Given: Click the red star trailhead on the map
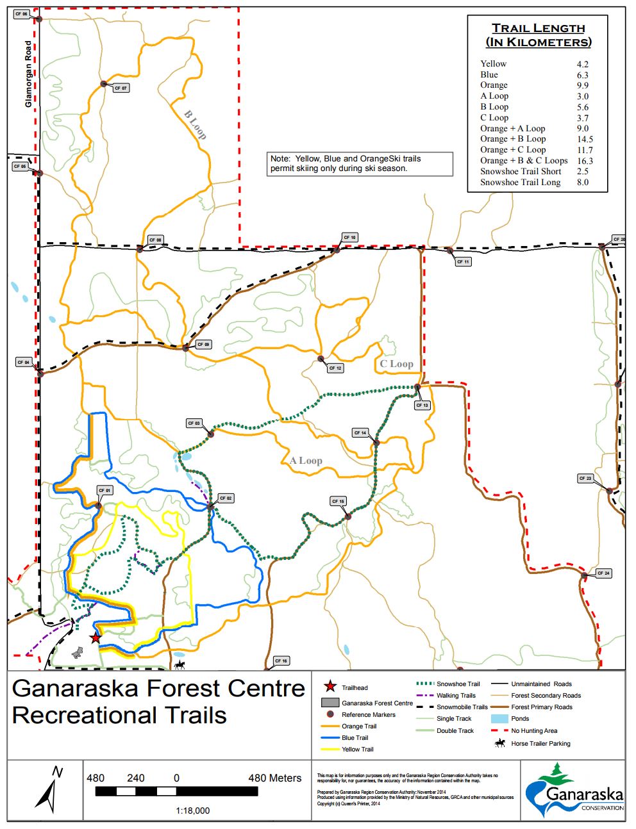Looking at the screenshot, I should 96,638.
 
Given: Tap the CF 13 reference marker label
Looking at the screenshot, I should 422,406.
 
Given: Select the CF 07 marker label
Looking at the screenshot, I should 121,88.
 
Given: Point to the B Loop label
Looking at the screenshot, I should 195,125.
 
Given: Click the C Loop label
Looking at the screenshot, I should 396,364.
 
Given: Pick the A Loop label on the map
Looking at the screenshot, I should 306,461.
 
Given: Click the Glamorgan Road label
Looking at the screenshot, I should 28,74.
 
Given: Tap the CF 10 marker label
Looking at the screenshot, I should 349,238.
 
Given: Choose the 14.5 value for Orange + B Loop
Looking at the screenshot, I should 585,139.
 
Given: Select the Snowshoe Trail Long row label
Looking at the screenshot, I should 520,182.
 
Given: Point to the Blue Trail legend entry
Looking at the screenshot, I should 355,738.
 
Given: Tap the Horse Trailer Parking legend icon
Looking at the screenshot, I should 499,743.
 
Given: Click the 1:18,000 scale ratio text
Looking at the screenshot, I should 192,810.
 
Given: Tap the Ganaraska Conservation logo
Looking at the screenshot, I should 574,790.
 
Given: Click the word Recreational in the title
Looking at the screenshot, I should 119,716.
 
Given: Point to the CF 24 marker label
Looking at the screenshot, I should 603,573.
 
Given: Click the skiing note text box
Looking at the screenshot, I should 360,163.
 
